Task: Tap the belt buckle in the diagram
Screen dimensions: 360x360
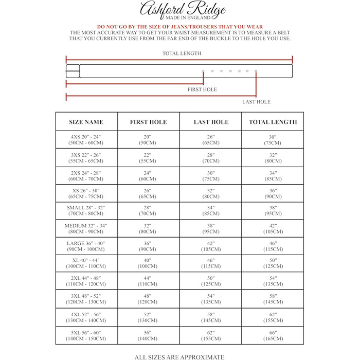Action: [x=73, y=71]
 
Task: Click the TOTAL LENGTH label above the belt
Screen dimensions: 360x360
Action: [x=182, y=53]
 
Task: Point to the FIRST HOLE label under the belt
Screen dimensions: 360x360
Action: [x=202, y=89]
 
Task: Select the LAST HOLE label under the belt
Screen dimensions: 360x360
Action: [x=256, y=102]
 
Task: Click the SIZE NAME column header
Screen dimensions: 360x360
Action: [x=86, y=122]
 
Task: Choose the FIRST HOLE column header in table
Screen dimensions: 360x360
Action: [x=149, y=122]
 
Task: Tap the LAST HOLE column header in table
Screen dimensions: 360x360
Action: [x=211, y=122]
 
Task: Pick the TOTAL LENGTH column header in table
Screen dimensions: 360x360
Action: [x=273, y=122]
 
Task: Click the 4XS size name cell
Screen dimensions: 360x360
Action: [x=86, y=140]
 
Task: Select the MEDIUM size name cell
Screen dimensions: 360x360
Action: [x=86, y=228]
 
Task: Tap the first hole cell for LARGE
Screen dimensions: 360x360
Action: [x=149, y=246]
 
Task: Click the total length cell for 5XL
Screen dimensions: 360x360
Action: [x=273, y=335]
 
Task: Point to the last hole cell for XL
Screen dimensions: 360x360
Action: [x=211, y=264]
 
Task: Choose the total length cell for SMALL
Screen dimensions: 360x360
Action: [x=273, y=211]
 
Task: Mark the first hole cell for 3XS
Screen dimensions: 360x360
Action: [x=149, y=158]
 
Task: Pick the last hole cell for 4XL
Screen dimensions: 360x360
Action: [x=211, y=317]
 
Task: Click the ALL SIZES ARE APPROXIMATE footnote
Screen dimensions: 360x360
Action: [x=179, y=356]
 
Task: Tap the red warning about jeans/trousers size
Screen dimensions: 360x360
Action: [x=180, y=27]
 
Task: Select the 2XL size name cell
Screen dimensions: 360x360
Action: [x=86, y=282]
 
